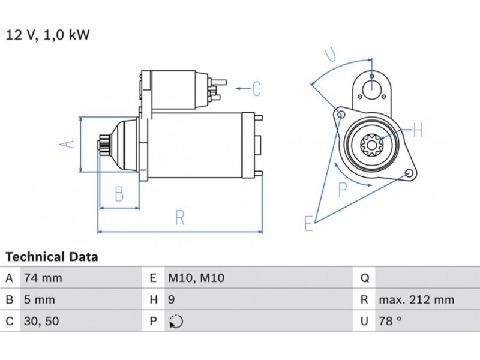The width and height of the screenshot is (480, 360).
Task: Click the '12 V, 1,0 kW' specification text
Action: tap(47, 35)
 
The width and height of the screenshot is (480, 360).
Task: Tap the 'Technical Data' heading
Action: tap(52, 257)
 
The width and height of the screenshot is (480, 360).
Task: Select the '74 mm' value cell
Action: tap(42, 278)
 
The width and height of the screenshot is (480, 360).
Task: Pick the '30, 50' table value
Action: tap(42, 322)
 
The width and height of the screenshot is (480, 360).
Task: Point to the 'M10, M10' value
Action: tap(195, 278)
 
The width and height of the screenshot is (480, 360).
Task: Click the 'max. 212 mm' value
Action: tap(416, 300)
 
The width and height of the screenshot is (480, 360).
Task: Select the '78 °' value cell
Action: tap(389, 322)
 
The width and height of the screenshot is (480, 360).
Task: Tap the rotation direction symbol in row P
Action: tap(176, 322)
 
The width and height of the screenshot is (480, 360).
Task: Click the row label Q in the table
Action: tap(364, 278)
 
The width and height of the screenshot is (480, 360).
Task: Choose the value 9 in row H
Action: tap(172, 300)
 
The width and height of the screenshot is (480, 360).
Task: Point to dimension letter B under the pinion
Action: tap(119, 194)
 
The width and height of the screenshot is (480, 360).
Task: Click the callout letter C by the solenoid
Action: tap(256, 89)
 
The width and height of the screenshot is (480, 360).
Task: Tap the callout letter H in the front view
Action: tap(418, 131)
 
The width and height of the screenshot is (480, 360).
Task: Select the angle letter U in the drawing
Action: tap(330, 55)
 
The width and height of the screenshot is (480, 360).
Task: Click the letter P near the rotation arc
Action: tap(343, 190)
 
